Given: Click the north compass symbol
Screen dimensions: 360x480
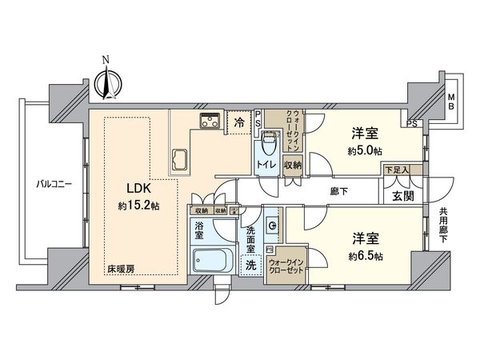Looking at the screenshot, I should (106, 79).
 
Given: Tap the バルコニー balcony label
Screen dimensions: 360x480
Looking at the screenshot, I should (54, 183).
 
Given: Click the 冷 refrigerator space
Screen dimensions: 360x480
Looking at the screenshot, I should (239, 124).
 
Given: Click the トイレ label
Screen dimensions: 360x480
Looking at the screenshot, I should (266, 166).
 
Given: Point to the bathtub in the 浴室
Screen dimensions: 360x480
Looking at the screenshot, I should (210, 260).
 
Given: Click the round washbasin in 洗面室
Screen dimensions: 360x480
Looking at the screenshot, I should (273, 227).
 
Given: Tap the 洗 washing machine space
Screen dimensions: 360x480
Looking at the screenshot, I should (250, 264).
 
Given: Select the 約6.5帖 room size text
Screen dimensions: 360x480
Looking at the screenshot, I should (365, 255).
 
